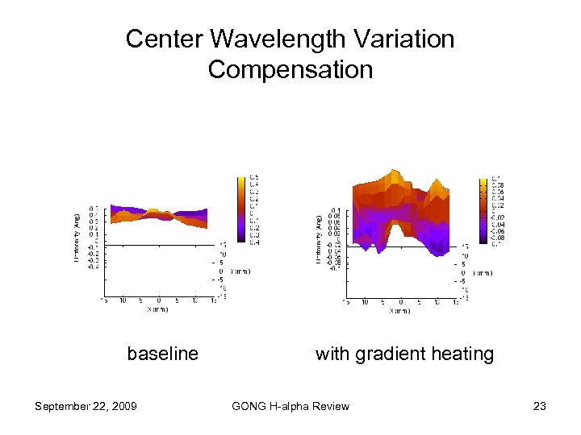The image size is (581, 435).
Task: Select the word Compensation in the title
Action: [x=290, y=69]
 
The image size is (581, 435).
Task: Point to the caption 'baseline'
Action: [x=162, y=354]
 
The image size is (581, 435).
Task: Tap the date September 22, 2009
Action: [x=86, y=406]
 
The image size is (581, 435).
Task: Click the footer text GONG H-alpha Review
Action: [x=290, y=406]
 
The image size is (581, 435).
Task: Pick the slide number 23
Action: [x=540, y=406]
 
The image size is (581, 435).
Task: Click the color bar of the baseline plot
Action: [x=241, y=209]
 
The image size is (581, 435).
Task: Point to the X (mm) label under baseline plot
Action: [x=157, y=309]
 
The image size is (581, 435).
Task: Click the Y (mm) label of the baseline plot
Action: [x=240, y=271]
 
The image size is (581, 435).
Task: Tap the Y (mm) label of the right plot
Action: [x=482, y=272]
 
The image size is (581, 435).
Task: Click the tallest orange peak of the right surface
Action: [x=394, y=175]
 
